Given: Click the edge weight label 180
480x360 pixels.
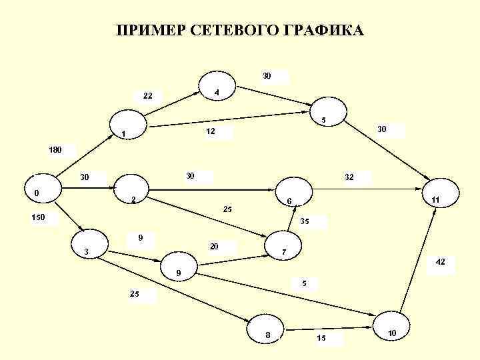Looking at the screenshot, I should click(55, 150).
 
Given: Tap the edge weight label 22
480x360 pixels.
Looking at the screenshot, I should click(148, 96).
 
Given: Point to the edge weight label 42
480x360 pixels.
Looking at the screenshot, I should click(440, 263).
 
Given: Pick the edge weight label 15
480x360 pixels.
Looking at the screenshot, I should click(321, 339).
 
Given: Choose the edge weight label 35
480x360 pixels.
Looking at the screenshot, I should click(305, 221).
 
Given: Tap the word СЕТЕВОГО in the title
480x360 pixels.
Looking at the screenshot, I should click(234, 31).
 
